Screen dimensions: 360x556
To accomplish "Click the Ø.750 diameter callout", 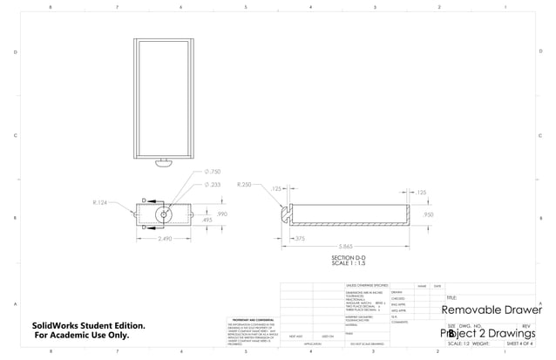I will [212, 173].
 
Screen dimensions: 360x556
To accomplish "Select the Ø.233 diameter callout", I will [212, 185].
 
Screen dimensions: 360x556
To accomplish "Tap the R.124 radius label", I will [99, 202].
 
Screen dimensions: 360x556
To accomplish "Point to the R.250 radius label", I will [245, 185].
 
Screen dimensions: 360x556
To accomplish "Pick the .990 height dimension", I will [221, 213].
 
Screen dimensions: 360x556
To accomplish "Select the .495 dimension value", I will [207, 221].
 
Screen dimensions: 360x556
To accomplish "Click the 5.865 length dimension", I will [346, 248].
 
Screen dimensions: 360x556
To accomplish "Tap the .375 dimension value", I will [298, 238].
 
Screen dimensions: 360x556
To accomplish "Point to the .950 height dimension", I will [428, 214].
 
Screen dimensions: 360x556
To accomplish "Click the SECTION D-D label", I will [348, 258].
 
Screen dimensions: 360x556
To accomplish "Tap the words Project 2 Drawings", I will [487, 333].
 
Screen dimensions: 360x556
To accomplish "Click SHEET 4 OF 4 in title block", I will [519, 343].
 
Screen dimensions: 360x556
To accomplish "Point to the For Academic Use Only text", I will [82, 336].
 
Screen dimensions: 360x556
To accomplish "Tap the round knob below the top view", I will [163, 161].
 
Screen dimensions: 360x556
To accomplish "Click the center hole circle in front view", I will [163, 213].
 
